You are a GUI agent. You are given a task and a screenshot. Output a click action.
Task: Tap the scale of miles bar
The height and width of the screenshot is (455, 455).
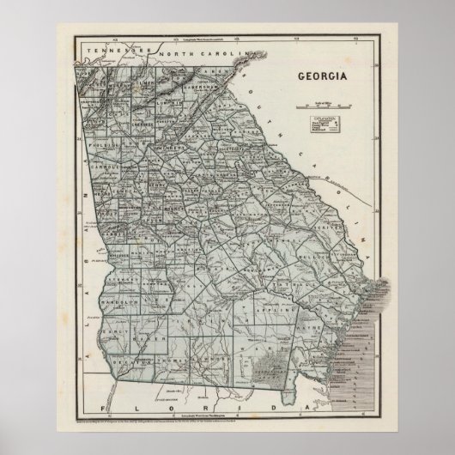pyautogui.click(x=324, y=107)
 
